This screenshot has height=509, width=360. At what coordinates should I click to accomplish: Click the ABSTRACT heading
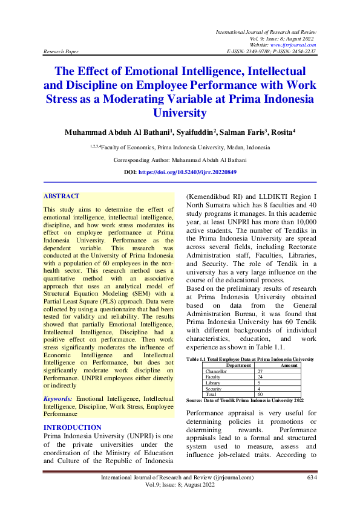tap(61, 196)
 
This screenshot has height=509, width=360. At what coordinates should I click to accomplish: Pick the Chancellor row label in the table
tap(217, 371)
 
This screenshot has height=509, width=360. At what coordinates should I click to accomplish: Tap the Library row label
tap(213, 383)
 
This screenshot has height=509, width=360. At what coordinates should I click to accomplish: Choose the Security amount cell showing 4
tap(260, 389)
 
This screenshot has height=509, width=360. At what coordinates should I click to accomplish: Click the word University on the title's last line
tap(180, 112)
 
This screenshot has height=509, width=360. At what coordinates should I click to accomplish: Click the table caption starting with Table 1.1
tap(250, 359)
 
